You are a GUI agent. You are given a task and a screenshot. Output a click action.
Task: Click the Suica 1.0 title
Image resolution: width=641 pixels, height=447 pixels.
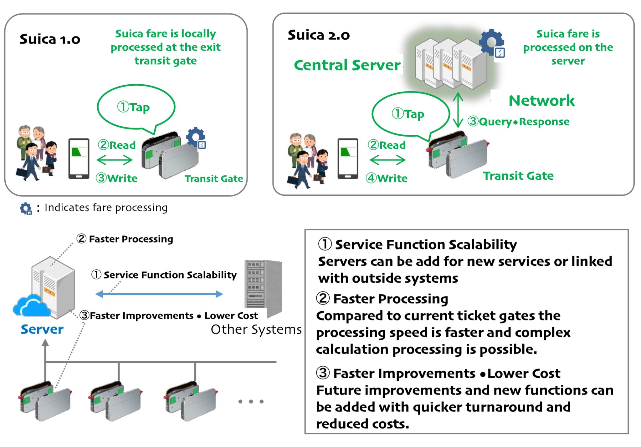pos(50,39)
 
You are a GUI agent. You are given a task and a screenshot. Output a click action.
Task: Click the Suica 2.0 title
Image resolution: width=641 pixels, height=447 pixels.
pos(318,35)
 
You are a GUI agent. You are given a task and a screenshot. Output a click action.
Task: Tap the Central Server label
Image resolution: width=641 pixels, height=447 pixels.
pos(347,65)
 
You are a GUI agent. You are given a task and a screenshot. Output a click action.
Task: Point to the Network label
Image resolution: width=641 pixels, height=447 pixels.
pos(541,101)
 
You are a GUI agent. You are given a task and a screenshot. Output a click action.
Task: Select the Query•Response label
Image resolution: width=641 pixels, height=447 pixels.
pos(519,121)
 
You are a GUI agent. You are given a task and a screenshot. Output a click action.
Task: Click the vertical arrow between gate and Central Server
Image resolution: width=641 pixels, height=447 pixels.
pos(458,110)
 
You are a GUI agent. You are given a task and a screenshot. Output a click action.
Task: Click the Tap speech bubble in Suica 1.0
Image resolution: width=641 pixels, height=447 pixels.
pos(136,107)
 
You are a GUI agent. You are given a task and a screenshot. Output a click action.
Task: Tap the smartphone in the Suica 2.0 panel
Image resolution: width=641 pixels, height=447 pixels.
pos(348,158)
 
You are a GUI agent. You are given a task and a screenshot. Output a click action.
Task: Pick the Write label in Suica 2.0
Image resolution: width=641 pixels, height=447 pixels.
pos(387,178)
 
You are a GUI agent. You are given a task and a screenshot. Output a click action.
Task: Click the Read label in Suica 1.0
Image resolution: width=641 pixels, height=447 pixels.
pos(117,145)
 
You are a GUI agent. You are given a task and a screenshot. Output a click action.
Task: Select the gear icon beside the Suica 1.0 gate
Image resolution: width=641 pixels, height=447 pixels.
pos(196,137)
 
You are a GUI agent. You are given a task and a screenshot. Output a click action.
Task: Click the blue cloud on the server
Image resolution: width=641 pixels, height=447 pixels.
pos(31,305)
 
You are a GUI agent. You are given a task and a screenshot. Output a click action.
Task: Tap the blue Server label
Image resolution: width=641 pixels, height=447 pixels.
pos(42,329)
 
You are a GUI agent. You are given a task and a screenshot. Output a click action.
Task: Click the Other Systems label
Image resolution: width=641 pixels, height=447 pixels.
pos(256,329)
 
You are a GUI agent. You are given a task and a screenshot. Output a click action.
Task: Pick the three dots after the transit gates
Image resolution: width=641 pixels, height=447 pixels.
pos(251,401)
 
